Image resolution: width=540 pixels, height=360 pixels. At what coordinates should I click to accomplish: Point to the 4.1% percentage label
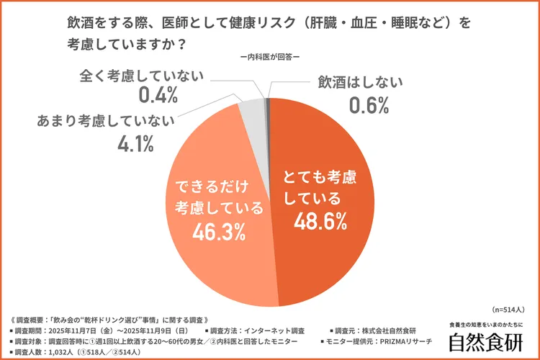pyautogui.click(x=135, y=143)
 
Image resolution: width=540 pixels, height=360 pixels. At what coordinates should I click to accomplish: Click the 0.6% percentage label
pyautogui.click(x=369, y=105)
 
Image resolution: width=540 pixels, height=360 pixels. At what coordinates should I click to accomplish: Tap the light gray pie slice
pyautogui.click(x=253, y=112)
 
